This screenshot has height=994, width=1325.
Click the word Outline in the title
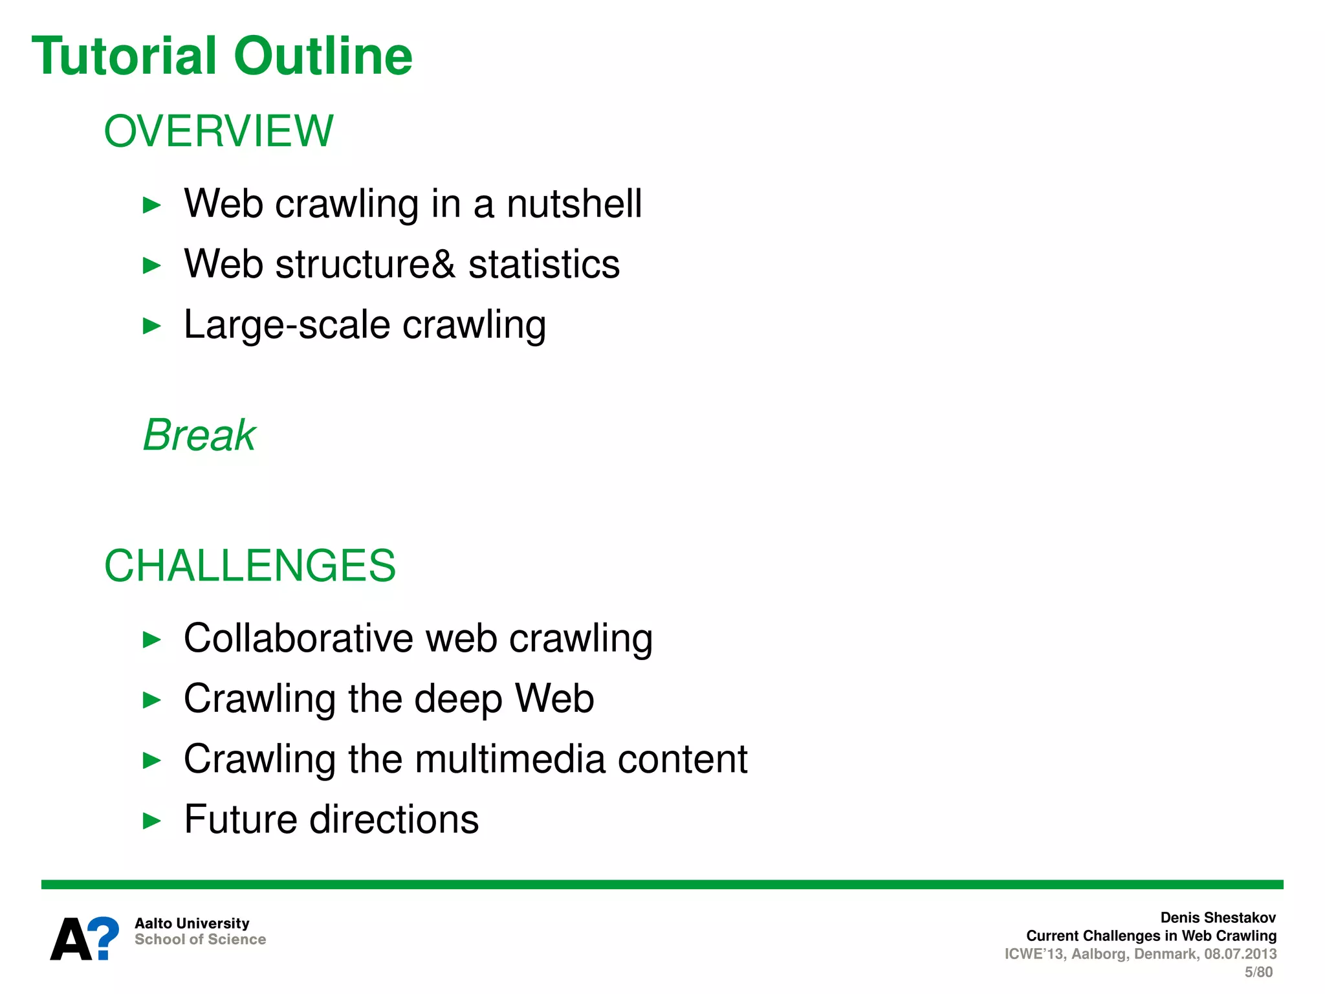click(x=323, y=56)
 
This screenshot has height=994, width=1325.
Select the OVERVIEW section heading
click(x=219, y=131)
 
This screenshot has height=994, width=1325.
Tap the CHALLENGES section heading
click(x=250, y=566)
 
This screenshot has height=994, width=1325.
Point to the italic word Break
click(x=199, y=435)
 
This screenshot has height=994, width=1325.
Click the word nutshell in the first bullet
click(x=574, y=204)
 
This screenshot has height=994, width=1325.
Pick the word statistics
click(x=544, y=265)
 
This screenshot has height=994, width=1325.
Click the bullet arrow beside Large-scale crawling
click(x=151, y=326)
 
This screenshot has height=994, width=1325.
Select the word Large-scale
click(x=287, y=325)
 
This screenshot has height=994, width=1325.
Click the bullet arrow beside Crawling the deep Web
click(x=151, y=700)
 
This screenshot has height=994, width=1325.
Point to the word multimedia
click(x=510, y=759)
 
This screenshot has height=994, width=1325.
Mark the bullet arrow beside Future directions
click(x=151, y=821)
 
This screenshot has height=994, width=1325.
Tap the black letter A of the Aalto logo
click(x=71, y=940)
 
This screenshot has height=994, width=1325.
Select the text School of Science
click(x=200, y=940)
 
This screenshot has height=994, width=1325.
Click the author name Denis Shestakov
click(x=1218, y=918)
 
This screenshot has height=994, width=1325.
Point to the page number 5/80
click(x=1258, y=972)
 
